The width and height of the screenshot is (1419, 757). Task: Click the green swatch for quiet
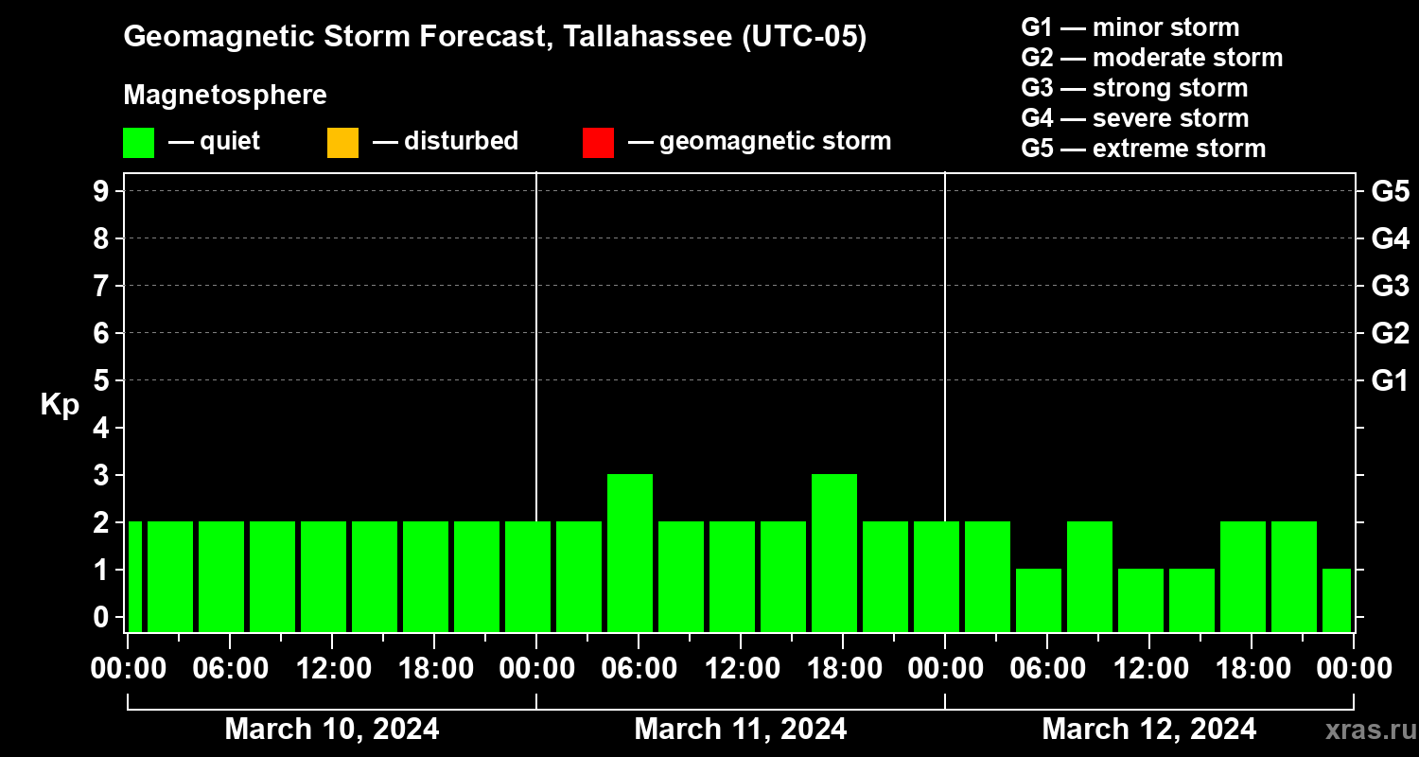click(138, 142)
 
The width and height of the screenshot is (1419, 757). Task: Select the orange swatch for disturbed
click(342, 142)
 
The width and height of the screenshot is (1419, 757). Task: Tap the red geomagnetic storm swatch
click(598, 142)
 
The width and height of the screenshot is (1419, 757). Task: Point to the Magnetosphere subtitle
click(225, 96)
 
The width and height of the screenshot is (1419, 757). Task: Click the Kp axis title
click(60, 405)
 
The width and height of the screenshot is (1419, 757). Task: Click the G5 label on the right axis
click(1390, 191)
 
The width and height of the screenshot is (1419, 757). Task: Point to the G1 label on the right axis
click(1390, 380)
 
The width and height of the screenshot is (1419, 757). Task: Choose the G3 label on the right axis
click(1390, 286)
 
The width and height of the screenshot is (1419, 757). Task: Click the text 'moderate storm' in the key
click(1187, 58)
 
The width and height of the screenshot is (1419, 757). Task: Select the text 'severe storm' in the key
click(1170, 118)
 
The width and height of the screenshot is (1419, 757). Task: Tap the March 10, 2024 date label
click(332, 730)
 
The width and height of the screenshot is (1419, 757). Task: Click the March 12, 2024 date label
click(1149, 730)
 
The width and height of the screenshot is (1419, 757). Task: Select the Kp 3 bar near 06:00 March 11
click(630, 553)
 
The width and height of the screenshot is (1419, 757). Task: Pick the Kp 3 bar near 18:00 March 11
click(834, 553)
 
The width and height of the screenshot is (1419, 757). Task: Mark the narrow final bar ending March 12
click(1337, 600)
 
